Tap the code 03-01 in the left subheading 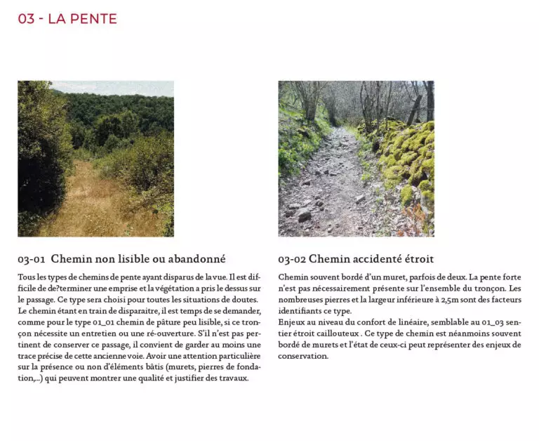(x=32, y=259)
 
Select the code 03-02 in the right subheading (x=291, y=259)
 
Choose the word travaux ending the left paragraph (x=232, y=379)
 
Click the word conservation (x=302, y=356)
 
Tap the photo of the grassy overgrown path (x=95, y=159)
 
